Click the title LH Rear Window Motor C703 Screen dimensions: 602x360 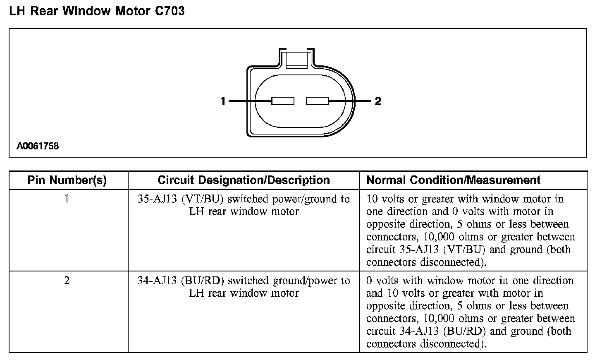[97, 11]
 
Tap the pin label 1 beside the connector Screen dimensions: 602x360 [223, 101]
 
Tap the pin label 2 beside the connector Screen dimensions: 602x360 [378, 101]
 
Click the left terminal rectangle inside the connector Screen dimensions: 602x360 [283, 101]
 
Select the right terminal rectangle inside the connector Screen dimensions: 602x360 [318, 101]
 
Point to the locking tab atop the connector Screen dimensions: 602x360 [297, 59]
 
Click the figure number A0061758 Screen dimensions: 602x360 [38, 146]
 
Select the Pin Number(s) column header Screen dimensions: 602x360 [67, 180]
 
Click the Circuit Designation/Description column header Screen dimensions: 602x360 [244, 180]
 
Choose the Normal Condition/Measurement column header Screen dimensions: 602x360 [454, 180]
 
